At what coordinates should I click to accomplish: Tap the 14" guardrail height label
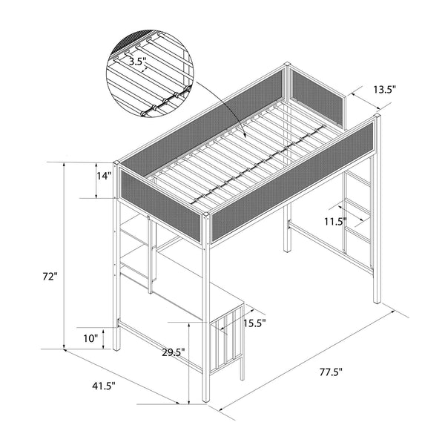(x=104, y=177)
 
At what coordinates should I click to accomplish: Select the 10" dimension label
(x=90, y=338)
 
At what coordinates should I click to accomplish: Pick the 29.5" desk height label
(x=173, y=353)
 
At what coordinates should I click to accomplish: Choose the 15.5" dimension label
(x=254, y=323)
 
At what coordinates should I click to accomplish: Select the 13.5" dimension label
(x=383, y=89)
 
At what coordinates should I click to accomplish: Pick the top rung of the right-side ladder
(x=360, y=180)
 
